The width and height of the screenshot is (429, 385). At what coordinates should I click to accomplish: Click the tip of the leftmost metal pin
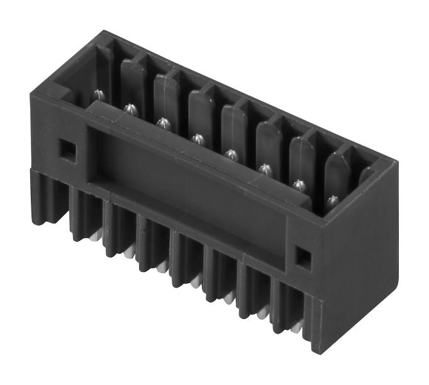(98, 95)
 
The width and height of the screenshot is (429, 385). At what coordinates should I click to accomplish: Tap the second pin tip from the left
(130, 108)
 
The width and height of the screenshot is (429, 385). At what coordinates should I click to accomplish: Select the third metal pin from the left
(163, 121)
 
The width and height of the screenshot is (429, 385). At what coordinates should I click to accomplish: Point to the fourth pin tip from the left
(197, 136)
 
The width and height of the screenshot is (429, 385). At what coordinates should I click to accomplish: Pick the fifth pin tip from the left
(231, 152)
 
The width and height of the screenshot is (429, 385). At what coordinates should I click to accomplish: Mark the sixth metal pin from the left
(265, 168)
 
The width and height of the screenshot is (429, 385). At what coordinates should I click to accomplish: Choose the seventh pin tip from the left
(299, 184)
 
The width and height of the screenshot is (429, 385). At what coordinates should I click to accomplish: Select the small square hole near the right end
(303, 256)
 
